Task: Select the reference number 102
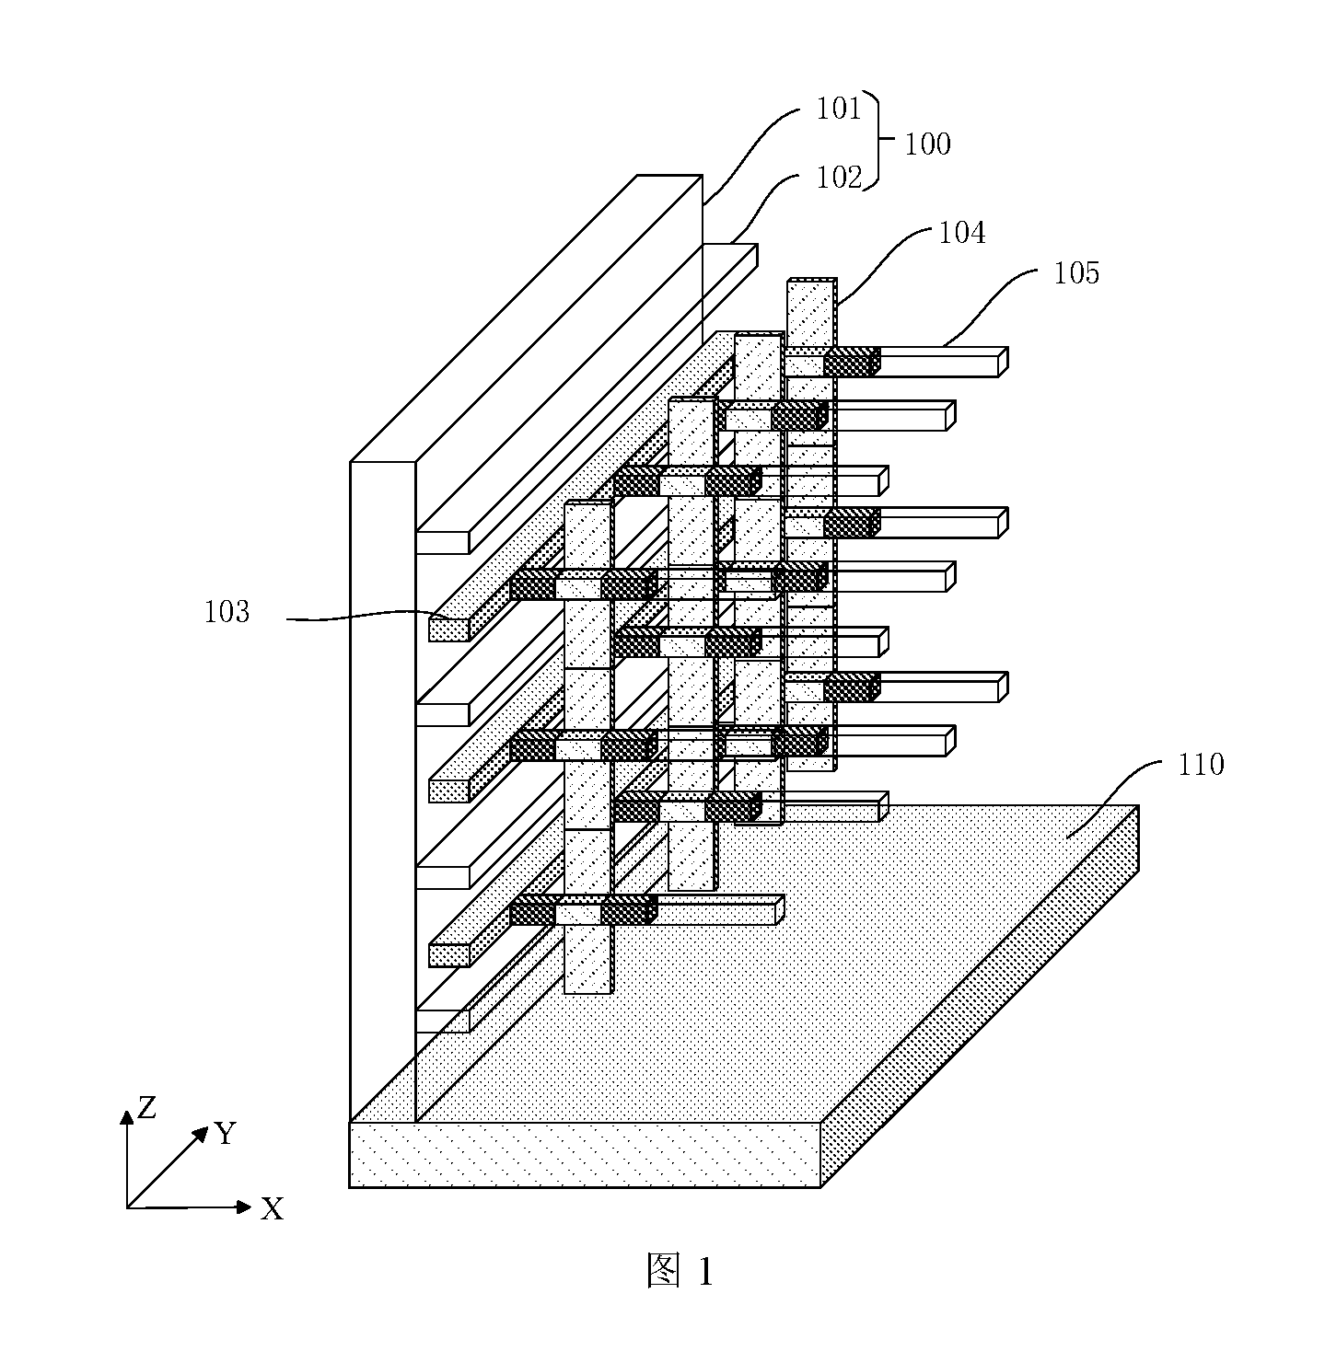coord(839,178)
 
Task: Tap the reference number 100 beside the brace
coord(927,144)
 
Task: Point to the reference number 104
coord(961,233)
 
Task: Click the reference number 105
coord(1075,272)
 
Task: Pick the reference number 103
coord(226,612)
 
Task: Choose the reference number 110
coord(1201,764)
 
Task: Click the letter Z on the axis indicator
coord(146,1107)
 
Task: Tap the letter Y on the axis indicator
coord(226,1133)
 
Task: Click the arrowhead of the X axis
coord(244,1207)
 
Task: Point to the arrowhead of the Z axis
coord(127,1117)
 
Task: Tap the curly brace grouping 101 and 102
coord(876,140)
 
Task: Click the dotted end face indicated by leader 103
coord(449,629)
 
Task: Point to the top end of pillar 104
coord(812,280)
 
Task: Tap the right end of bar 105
coord(1003,362)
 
